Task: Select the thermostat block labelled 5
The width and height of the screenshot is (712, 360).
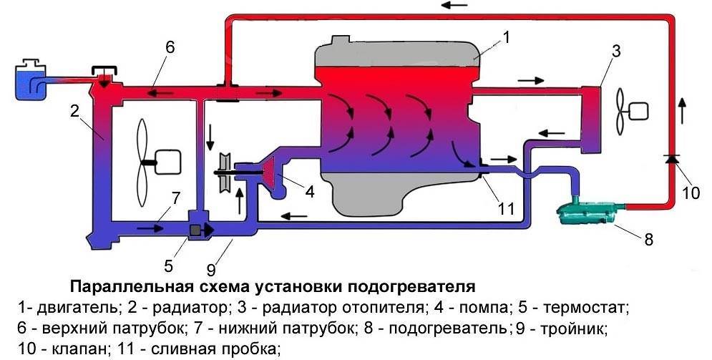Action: coord(195,230)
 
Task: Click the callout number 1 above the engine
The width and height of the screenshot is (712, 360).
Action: coord(507,37)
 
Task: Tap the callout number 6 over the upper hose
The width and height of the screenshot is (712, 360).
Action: coord(170,47)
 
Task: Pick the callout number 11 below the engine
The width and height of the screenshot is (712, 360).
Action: coord(506,210)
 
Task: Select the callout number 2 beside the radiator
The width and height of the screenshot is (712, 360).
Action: coord(74,111)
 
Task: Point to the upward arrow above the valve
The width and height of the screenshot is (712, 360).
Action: coord(682,109)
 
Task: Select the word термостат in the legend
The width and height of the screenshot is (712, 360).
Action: coord(585,308)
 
